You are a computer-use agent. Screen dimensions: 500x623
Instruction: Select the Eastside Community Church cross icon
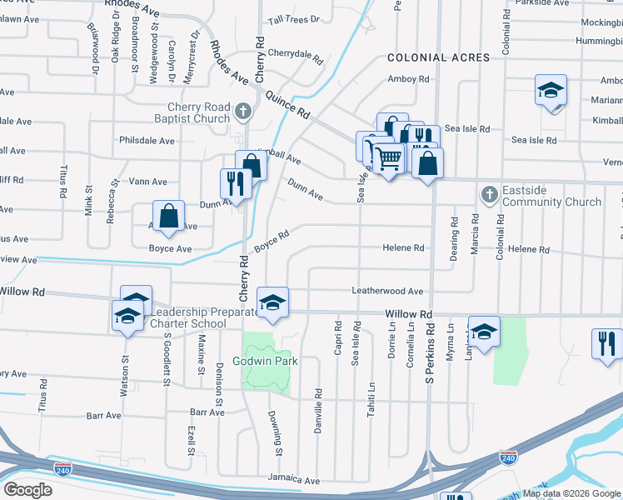click(x=489, y=195)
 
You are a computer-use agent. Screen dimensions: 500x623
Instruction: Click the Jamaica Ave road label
click(x=293, y=481)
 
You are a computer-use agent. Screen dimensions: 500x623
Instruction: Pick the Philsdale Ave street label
click(x=147, y=141)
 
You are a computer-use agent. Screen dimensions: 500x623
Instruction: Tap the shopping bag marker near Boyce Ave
click(x=169, y=216)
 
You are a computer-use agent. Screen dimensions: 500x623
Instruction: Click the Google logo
click(x=28, y=490)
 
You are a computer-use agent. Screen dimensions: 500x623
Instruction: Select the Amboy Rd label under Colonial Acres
click(x=408, y=80)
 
